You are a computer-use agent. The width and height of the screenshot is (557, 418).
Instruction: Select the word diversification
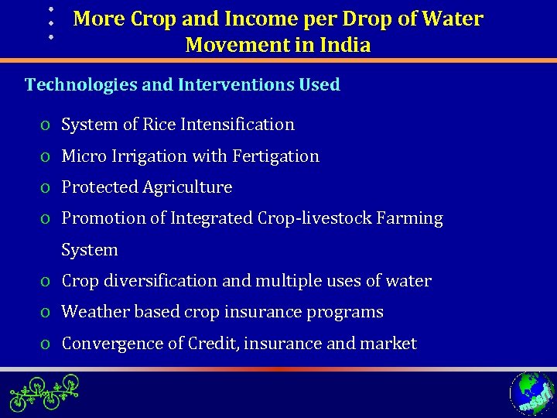click(158, 281)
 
